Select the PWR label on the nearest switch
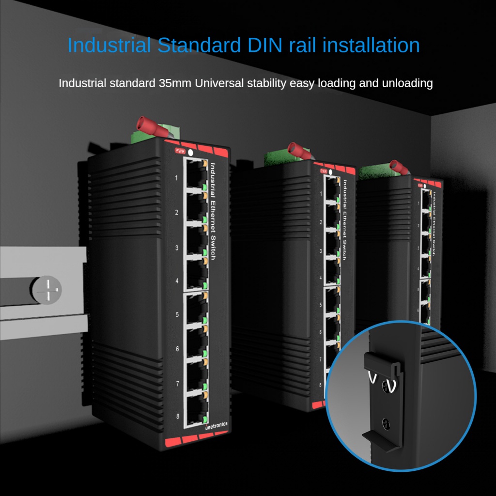(180, 151)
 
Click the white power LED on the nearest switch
(190, 153)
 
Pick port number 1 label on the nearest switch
(176, 178)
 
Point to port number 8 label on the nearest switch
(177, 416)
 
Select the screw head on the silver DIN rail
(46, 290)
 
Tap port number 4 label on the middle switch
(321, 278)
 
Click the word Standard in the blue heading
(199, 45)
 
